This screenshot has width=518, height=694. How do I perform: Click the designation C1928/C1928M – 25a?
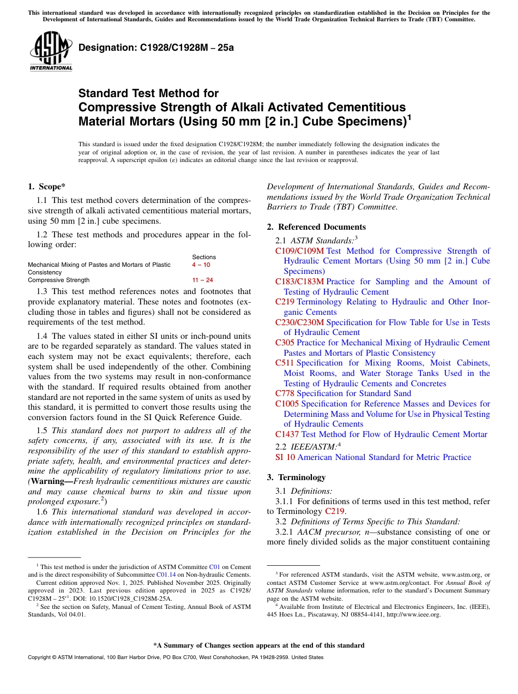pos(156,47)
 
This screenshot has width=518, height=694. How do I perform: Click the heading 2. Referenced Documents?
pos(316,227)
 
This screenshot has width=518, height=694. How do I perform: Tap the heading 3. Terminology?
pos(296,477)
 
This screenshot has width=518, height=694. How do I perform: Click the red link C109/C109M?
pos(299,251)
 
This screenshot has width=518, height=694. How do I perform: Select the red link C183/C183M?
pos(299,282)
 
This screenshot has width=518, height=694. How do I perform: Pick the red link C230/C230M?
pos(299,322)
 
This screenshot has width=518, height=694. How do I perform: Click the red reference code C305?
pos(285,343)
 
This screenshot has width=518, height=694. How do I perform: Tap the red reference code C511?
pos(285,363)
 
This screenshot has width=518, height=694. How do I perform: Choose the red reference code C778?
pos(285,393)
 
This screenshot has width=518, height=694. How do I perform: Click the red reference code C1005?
pos(287,404)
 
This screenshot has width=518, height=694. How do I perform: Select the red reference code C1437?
pos(287,434)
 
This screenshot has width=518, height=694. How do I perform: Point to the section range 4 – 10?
pos(201,265)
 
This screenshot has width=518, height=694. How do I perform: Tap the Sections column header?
pos(204,257)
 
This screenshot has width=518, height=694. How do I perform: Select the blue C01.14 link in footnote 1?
pos(166,575)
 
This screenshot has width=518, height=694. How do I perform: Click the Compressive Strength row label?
pos(58,280)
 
